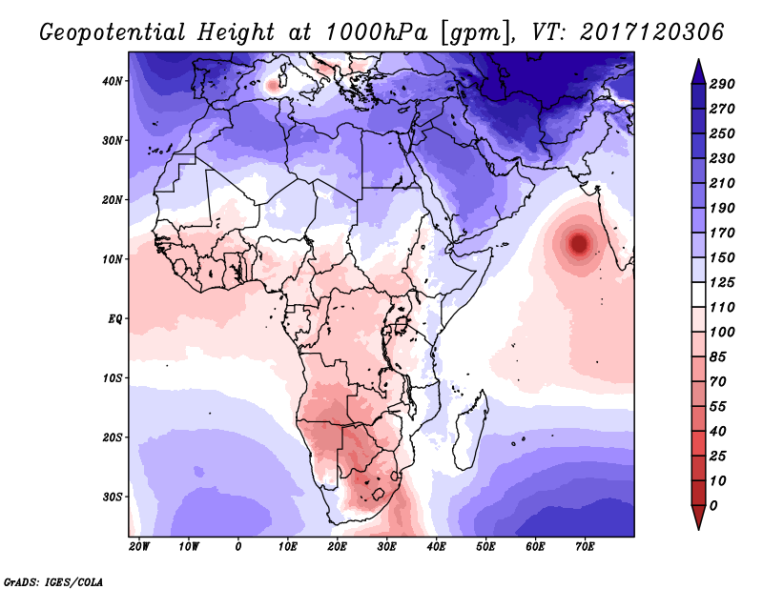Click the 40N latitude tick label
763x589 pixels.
click(x=113, y=81)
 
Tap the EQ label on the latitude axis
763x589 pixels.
click(x=114, y=319)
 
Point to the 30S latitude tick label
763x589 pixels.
click(x=113, y=498)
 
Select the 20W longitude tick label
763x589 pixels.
click(x=139, y=547)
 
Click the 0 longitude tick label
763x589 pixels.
click(x=237, y=547)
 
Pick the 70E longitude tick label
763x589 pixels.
click(x=585, y=547)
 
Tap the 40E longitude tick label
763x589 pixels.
click(x=436, y=547)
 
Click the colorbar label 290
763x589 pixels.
click(x=722, y=84)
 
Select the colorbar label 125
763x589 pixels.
click(x=722, y=282)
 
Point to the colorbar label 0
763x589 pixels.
click(x=713, y=506)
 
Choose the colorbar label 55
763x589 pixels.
click(x=718, y=407)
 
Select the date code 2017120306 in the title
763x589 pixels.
click(x=652, y=32)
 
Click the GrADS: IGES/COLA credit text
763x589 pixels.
click(x=53, y=581)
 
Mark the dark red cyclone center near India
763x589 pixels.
click(x=579, y=243)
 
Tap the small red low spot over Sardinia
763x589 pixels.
click(x=272, y=86)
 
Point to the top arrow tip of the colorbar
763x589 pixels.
click(x=698, y=60)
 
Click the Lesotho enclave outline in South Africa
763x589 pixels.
click(x=379, y=496)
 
